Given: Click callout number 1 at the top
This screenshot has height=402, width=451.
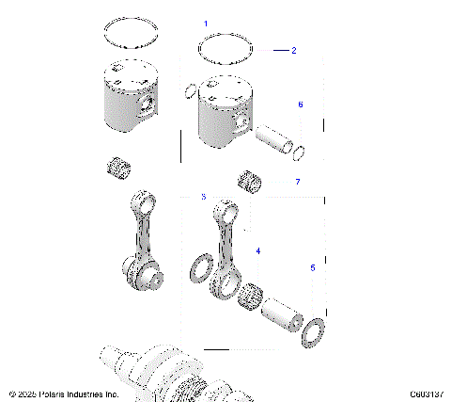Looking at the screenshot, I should coord(207,21).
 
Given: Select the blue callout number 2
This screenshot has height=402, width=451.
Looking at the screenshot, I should coord(293,50).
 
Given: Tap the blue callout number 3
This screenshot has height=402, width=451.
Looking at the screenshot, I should coord(203,197).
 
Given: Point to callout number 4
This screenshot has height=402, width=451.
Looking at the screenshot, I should coord(258,252).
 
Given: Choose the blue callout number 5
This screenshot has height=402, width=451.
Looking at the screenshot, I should coord(312,268).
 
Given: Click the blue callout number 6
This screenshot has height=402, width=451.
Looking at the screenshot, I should coord(300,105).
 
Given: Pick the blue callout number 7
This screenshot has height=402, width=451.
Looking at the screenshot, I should coord(297,181).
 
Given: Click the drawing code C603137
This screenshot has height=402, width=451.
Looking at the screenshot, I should coord(427,394).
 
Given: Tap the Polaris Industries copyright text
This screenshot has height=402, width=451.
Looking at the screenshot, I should coord(63,394).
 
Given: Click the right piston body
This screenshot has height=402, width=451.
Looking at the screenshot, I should coord(220,111).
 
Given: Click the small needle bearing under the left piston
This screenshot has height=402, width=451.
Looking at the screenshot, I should coord(117,170).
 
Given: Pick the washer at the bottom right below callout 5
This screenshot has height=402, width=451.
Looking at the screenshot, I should coord(315,331).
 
